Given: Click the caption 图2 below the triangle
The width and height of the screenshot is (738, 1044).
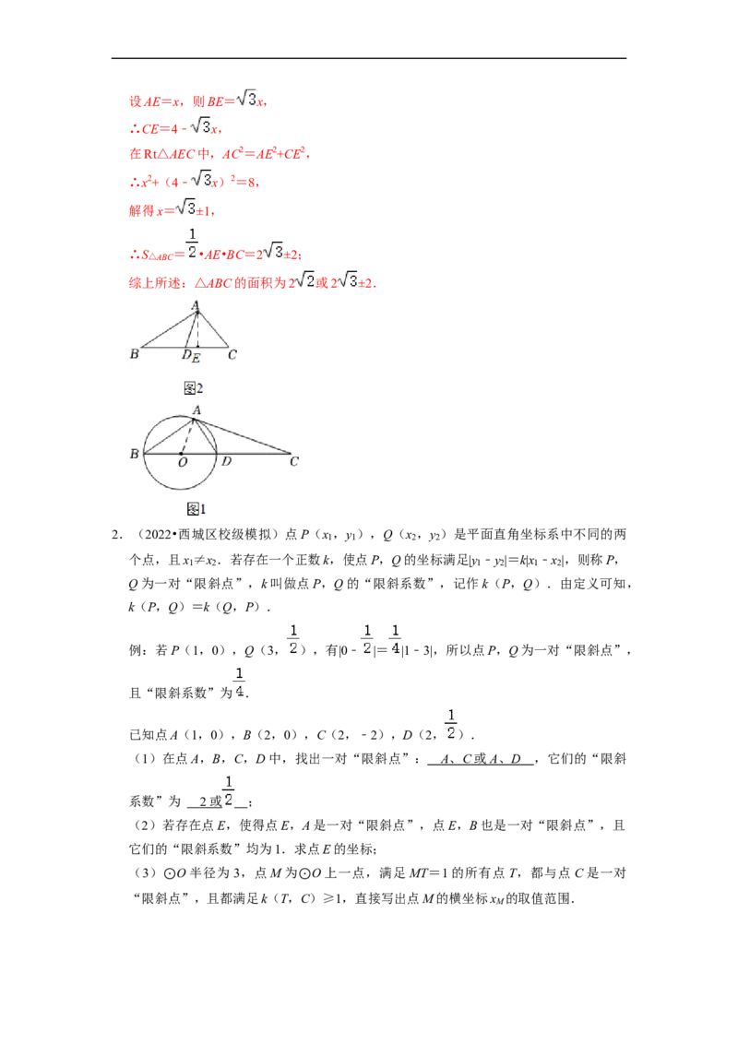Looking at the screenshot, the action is click(x=193, y=388).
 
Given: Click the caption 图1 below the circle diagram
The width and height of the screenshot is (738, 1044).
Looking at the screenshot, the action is click(x=196, y=509).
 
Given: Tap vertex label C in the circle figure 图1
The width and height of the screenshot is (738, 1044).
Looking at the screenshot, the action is click(x=293, y=461).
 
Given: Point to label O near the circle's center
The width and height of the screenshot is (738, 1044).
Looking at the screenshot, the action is click(x=183, y=462).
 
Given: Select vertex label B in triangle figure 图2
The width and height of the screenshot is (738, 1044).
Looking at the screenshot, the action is click(x=134, y=353).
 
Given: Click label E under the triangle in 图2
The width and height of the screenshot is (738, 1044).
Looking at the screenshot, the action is click(x=196, y=359).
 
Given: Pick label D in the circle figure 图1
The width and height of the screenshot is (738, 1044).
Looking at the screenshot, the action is click(x=226, y=461).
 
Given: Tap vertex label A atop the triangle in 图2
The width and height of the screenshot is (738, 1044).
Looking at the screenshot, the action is click(x=196, y=305).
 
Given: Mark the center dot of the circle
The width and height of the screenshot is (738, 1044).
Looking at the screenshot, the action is click(x=181, y=454).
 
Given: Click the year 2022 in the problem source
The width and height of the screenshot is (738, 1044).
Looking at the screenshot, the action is click(x=159, y=535).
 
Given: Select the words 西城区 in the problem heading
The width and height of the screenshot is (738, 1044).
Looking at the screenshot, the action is click(x=197, y=535).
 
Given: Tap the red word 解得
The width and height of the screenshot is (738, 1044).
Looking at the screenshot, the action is click(x=141, y=211).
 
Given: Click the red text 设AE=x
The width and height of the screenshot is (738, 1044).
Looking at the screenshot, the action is click(x=155, y=101).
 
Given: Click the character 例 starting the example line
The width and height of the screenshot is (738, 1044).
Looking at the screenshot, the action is click(x=136, y=650).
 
